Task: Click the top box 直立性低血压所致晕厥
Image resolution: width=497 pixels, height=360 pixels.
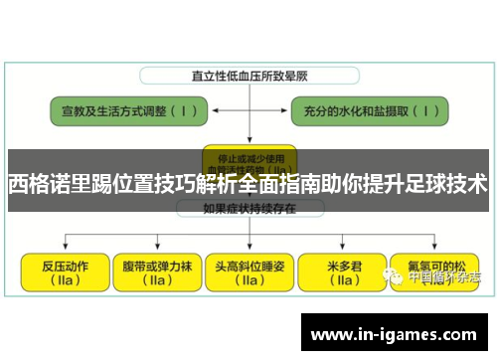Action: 242,75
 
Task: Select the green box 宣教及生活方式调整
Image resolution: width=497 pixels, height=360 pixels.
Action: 115,112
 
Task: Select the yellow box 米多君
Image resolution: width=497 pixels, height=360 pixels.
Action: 342,271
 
